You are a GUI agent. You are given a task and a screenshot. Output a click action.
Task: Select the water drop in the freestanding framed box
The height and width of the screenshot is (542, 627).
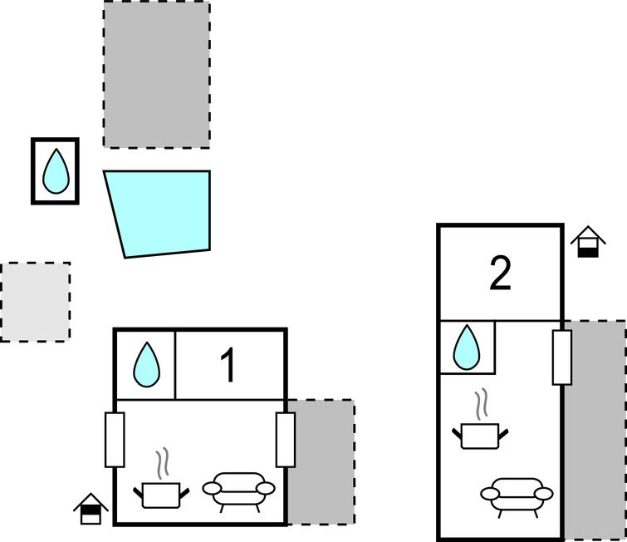pyautogui.click(x=56, y=171)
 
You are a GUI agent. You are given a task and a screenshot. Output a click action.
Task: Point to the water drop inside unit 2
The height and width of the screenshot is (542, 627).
pyautogui.click(x=467, y=347)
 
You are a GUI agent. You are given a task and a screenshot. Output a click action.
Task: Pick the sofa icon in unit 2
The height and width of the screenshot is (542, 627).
pyautogui.click(x=516, y=495)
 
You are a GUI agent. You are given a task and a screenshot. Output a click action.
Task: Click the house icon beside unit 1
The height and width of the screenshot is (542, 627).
pyautogui.click(x=91, y=510)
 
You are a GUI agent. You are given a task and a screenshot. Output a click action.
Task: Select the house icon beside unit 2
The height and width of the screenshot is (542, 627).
pyautogui.click(x=588, y=242)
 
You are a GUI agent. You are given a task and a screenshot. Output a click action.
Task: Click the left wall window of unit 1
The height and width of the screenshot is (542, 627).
pyautogui.click(x=115, y=439)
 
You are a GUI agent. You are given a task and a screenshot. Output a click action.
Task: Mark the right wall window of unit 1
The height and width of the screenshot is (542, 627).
pyautogui.click(x=285, y=439)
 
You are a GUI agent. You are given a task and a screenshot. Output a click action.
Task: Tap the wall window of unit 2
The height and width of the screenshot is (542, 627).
pyautogui.click(x=562, y=357)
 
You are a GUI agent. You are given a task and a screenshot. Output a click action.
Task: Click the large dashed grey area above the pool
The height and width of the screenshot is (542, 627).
pyautogui.click(x=156, y=75)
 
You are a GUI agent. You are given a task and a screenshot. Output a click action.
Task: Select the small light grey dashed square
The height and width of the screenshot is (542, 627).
pyautogui.click(x=35, y=302)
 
